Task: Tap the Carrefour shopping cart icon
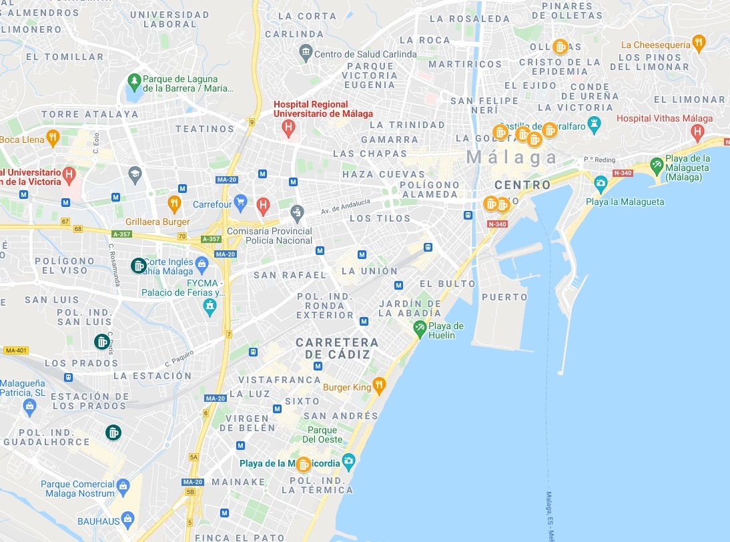click(x=241, y=203)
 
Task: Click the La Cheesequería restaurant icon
click(x=699, y=43)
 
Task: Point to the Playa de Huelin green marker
click(x=419, y=327)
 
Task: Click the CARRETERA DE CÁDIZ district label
click(x=337, y=348)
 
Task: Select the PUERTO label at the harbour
click(x=504, y=297)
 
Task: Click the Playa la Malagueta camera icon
click(x=601, y=182)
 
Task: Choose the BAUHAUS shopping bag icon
click(x=128, y=519)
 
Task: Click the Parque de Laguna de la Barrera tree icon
click(x=135, y=81)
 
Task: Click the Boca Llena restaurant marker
click(x=53, y=138)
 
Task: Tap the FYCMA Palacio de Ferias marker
click(x=210, y=306)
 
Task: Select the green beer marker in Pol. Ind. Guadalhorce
click(x=113, y=433)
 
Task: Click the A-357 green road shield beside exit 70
click(x=211, y=239)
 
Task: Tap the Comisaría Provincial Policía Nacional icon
click(x=298, y=213)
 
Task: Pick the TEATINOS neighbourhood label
click(x=205, y=129)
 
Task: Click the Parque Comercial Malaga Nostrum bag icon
click(x=123, y=487)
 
